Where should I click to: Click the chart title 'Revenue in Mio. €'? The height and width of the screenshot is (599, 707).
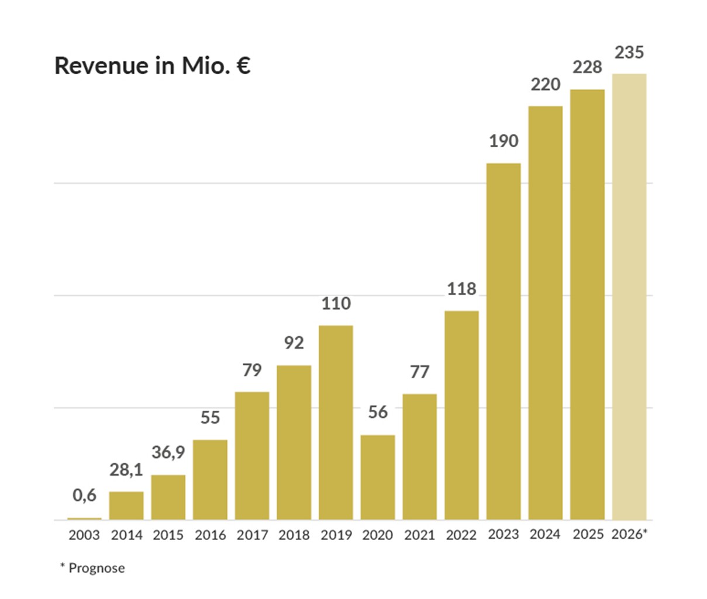coord(153,65)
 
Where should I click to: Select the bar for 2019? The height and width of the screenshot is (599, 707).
coord(336,423)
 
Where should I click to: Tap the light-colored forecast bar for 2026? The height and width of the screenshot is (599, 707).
coord(629,297)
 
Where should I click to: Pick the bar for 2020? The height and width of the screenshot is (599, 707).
coord(378,477)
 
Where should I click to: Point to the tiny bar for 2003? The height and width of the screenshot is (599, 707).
coord(84,519)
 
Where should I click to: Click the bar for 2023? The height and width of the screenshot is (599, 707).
coord(503,341)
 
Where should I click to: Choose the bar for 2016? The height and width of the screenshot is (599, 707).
coord(210,480)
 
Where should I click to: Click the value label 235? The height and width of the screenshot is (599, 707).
coord(629,53)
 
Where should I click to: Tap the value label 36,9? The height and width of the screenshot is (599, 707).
coord(168,452)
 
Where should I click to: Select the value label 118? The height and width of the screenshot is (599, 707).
coord(461,289)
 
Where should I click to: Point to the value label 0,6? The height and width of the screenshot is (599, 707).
coord(84,496)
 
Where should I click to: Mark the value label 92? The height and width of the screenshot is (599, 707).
coord(294,343)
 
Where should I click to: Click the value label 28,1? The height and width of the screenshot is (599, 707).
coord(126,470)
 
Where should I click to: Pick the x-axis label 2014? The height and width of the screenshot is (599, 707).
coord(126,535)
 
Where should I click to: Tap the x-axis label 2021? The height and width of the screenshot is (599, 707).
coord(419,535)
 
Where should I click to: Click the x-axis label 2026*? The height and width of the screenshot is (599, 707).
coord(629,534)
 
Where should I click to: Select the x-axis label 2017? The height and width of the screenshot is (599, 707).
coord(252,535)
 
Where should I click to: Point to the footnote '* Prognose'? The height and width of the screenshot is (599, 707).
coord(92,568)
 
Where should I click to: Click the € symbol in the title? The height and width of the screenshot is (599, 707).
coord(243,65)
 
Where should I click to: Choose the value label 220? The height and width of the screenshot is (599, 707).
coord(545,85)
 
